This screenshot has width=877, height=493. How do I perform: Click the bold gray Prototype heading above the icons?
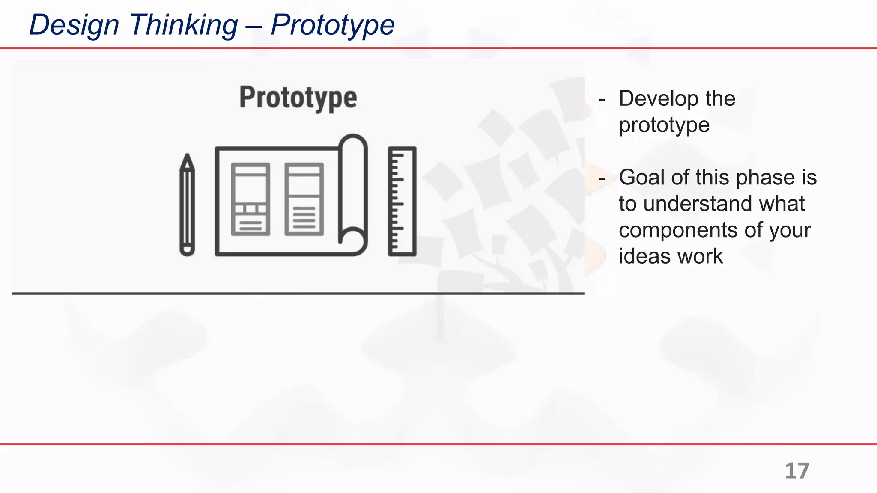pos(298,98)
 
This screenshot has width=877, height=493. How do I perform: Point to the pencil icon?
pos(187,205)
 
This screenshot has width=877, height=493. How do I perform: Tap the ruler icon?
pos(402,201)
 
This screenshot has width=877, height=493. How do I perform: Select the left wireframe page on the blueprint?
pos(251,199)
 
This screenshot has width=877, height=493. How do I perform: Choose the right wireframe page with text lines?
pos(304,199)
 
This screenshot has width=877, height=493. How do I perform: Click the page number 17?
pos(797,471)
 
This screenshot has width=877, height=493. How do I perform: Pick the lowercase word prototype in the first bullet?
pos(664,125)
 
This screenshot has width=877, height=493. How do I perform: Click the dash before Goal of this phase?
pos(602,178)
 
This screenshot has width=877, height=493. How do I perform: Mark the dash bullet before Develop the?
pos(602,99)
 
